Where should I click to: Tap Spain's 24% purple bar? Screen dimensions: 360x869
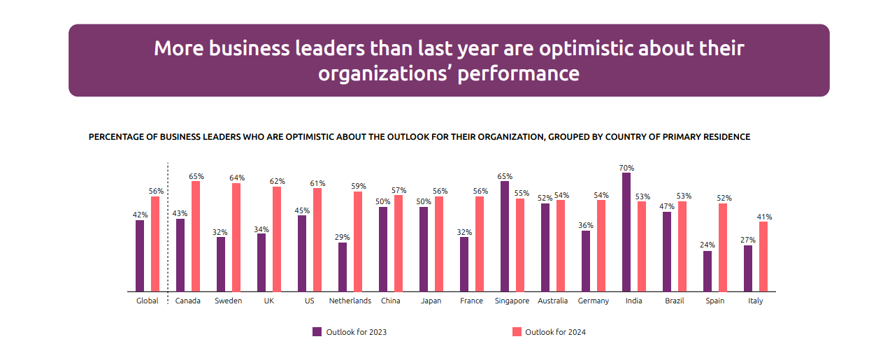708,271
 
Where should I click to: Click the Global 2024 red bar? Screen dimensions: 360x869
155,244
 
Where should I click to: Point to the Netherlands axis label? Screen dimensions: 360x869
350,301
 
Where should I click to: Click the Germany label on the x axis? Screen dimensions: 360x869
594,301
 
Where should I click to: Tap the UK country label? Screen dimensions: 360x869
269,301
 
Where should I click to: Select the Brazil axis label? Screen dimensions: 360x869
675,301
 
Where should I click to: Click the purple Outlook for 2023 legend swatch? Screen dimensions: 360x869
317,332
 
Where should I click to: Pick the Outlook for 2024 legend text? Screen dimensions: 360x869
555,332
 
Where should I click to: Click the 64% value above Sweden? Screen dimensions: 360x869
236,178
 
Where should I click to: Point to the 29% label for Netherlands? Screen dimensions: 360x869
342,238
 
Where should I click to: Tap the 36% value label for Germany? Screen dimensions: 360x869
586,226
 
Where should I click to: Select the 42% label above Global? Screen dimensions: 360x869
140,215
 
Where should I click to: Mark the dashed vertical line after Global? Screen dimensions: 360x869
168,227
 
